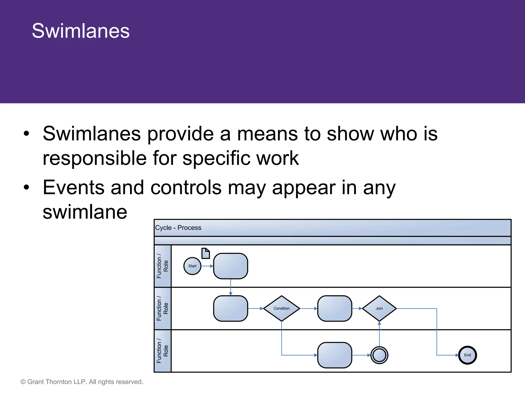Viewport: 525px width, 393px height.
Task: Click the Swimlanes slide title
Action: coord(80,31)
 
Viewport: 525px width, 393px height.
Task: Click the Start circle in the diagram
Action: coord(192,266)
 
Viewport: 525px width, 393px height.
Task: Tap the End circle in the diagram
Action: coord(467,355)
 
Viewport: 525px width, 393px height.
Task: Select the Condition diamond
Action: coord(281,309)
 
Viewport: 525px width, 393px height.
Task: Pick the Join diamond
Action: coord(379,309)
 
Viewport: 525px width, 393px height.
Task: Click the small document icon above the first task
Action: coord(206,253)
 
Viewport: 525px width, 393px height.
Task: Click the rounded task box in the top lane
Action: coord(230,266)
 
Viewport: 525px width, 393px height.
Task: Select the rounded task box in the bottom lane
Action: coord(335,355)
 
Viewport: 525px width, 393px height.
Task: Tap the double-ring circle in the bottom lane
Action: coord(379,355)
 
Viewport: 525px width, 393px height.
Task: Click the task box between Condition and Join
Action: coord(335,309)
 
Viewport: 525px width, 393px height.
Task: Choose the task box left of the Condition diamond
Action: coord(230,309)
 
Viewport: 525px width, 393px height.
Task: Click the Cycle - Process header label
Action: coord(178,228)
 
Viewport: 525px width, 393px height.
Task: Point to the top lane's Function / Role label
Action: coord(163,266)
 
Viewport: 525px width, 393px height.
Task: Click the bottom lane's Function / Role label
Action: coord(163,351)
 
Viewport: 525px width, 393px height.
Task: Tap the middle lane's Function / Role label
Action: coord(163,309)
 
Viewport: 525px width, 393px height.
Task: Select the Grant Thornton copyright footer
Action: coord(82,382)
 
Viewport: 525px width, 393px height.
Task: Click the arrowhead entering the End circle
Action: coord(457,355)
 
